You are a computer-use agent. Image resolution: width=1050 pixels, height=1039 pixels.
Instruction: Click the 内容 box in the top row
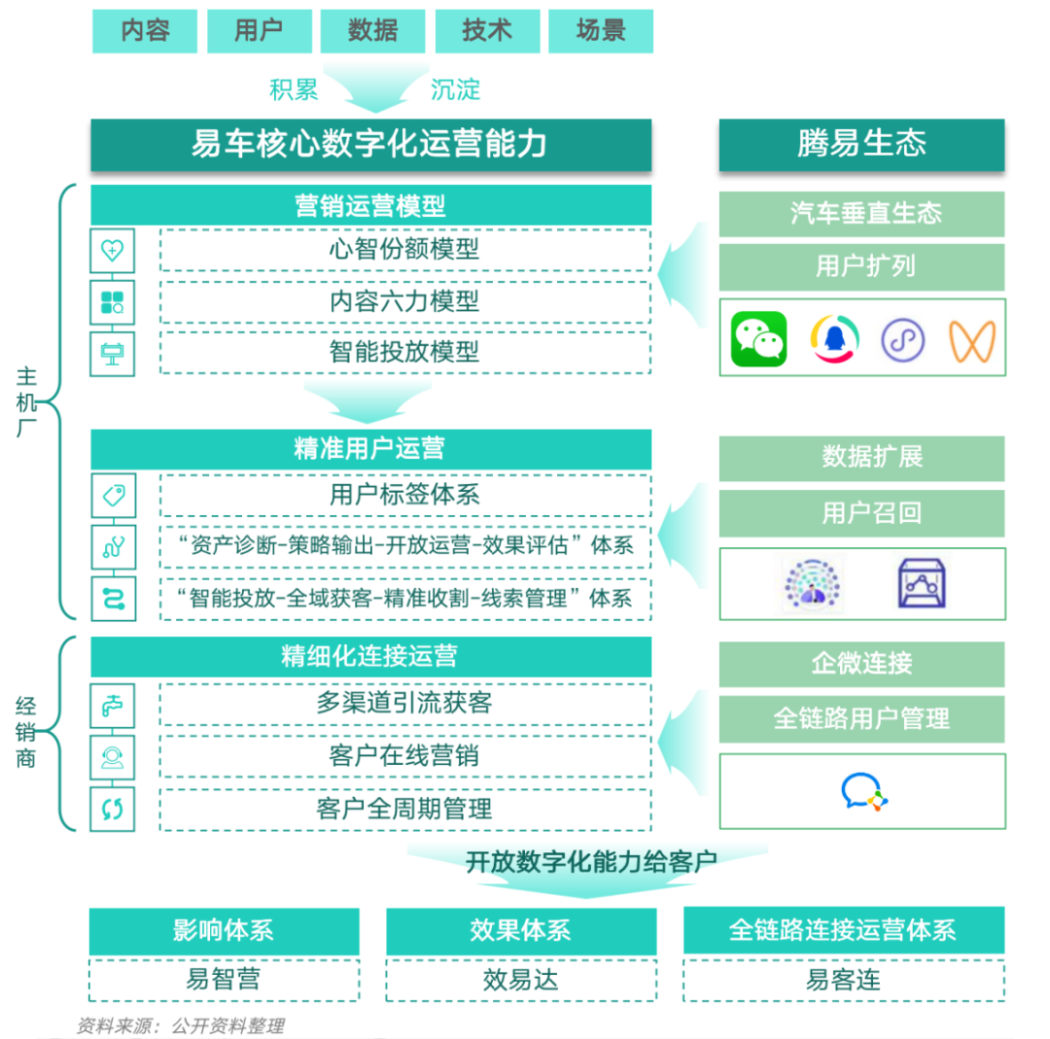point(145,31)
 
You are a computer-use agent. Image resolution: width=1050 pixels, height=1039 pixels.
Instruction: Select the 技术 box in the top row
point(486,31)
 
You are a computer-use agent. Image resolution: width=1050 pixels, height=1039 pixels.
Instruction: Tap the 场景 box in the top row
point(601,31)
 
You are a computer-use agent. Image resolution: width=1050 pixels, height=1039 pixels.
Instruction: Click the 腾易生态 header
point(861,145)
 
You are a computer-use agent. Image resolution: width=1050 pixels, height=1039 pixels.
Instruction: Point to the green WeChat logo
point(758,338)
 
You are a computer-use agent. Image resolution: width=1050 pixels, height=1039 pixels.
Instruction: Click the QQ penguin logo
point(834,339)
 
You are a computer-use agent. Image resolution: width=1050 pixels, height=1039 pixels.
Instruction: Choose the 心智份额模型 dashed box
point(404,249)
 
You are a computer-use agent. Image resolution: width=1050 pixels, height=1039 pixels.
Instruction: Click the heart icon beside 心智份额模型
point(113,250)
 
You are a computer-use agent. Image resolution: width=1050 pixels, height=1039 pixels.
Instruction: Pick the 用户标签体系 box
point(404,495)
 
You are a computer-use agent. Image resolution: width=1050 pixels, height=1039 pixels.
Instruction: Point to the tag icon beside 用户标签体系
point(113,496)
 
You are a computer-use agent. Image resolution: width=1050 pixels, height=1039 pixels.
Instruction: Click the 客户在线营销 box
point(404,755)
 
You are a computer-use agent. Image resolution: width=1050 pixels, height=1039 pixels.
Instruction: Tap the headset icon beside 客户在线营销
point(113,756)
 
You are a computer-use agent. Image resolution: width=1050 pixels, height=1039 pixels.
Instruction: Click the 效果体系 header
point(520,931)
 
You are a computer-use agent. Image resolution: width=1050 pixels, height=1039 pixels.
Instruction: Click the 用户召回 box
point(861,512)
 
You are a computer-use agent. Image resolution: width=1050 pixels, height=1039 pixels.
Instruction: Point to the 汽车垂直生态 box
point(861,214)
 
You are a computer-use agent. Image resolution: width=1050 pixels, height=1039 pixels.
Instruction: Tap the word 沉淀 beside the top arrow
point(456,90)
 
